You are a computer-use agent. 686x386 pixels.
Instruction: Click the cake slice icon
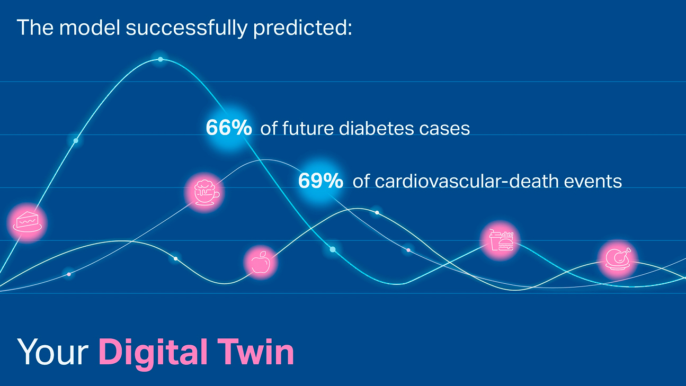[x=27, y=222]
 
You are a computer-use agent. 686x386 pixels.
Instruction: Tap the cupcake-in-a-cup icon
[x=204, y=192]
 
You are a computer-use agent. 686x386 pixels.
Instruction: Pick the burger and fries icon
[x=501, y=241]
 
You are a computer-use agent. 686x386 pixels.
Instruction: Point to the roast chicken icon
[x=618, y=259]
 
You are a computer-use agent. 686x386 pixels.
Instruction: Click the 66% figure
[x=228, y=128]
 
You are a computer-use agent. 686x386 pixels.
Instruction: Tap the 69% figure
[x=320, y=181]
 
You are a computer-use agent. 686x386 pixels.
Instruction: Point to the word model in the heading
[x=90, y=27]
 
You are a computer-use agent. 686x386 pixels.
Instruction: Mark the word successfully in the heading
[x=186, y=28]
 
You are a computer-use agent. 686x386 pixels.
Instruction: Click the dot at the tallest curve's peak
[x=161, y=59]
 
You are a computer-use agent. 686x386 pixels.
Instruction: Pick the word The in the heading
[x=35, y=27]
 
